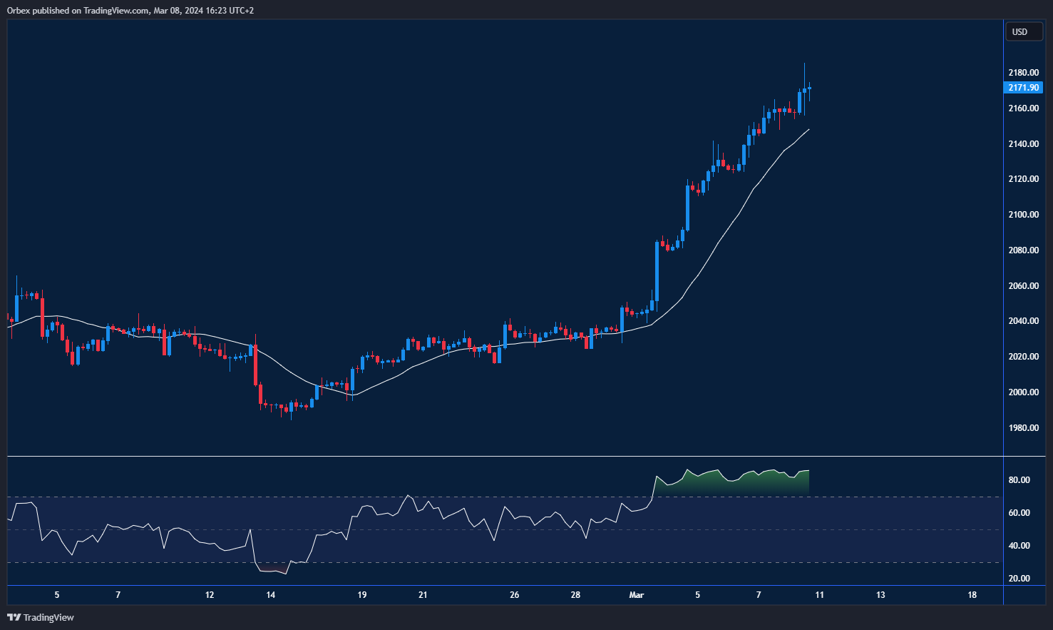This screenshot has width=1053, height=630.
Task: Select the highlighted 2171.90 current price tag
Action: tap(1023, 88)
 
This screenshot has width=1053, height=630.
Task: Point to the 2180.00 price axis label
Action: tap(1023, 73)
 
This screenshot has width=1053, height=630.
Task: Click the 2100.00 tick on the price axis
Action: tap(1023, 215)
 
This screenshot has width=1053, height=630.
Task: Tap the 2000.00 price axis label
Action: tap(1023, 392)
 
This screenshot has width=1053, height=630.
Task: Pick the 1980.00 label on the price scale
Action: tap(1023, 428)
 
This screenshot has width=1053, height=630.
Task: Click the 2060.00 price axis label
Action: tap(1023, 286)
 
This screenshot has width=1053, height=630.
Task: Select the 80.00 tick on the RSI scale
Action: tap(1019, 480)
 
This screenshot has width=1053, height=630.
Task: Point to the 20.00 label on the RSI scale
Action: tap(1019, 579)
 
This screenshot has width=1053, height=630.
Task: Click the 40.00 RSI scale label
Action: tap(1019, 546)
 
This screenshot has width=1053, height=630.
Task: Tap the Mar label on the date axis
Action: tap(637, 595)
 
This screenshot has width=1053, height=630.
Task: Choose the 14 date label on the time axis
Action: tap(270, 595)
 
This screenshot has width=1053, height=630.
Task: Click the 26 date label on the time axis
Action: tap(515, 595)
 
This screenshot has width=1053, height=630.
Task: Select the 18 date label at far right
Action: tap(972, 595)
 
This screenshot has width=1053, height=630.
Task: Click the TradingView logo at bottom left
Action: tap(41, 617)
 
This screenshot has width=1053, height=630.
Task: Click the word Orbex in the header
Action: tap(19, 11)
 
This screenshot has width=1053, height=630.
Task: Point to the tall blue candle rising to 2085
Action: tap(657, 271)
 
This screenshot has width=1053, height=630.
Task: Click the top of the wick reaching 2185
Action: tap(804, 64)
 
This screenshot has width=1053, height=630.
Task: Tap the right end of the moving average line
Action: tap(808, 130)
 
